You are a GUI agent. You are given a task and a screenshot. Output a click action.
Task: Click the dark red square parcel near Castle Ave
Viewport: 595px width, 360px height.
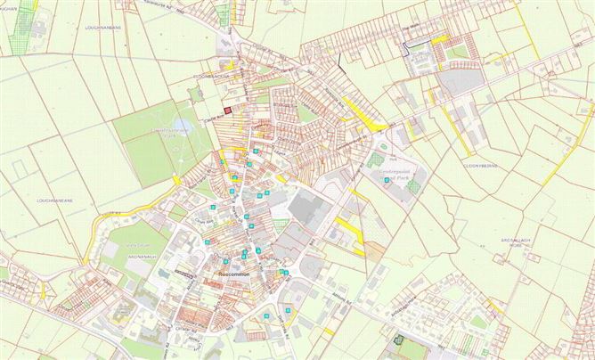point(229,110)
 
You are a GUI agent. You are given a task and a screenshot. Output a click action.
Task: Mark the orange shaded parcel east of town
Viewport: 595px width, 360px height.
point(374,251)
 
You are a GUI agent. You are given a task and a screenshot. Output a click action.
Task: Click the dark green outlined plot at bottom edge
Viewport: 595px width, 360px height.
point(399,338)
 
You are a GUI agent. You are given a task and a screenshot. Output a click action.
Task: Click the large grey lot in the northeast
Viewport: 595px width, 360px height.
point(460,83)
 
